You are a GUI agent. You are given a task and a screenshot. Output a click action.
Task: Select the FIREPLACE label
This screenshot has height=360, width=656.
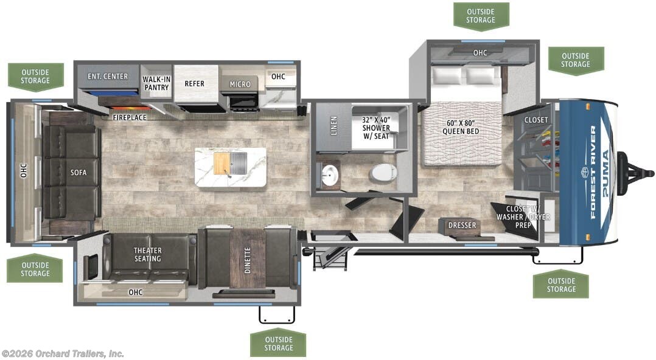point(129,117)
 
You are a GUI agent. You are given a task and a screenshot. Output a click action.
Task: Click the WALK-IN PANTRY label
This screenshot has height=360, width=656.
point(156,83)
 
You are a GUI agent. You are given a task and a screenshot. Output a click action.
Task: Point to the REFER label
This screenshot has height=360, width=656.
point(195,83)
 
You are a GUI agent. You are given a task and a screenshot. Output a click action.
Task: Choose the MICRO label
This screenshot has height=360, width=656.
point(240,84)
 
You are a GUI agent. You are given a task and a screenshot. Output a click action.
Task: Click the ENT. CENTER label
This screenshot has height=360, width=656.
point(108,76)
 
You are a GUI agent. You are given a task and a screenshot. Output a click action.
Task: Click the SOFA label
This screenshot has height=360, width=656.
point(78,172)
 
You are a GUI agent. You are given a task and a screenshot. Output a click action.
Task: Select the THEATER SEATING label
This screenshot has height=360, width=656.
point(148,254)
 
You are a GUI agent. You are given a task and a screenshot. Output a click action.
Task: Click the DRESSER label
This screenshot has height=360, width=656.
point(462,225)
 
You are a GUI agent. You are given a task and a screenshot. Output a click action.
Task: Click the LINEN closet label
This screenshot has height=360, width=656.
point(333,127)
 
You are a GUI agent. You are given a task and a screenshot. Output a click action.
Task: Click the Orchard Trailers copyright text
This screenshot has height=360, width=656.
point(63,353)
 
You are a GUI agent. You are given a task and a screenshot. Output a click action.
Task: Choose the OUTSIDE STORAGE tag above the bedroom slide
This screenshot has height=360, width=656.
point(481,16)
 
